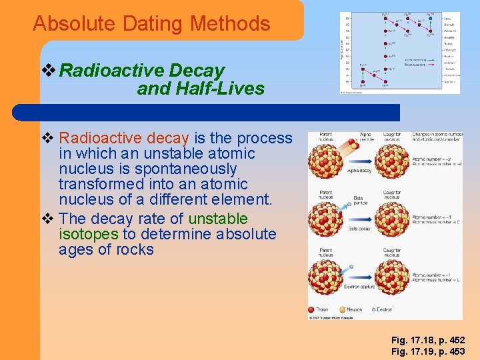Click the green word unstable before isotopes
point(218,219)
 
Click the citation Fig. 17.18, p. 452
point(428,340)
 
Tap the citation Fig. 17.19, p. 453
point(428,351)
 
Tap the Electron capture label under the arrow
point(359,287)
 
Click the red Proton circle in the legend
point(311,309)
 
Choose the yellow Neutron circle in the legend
point(343,309)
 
